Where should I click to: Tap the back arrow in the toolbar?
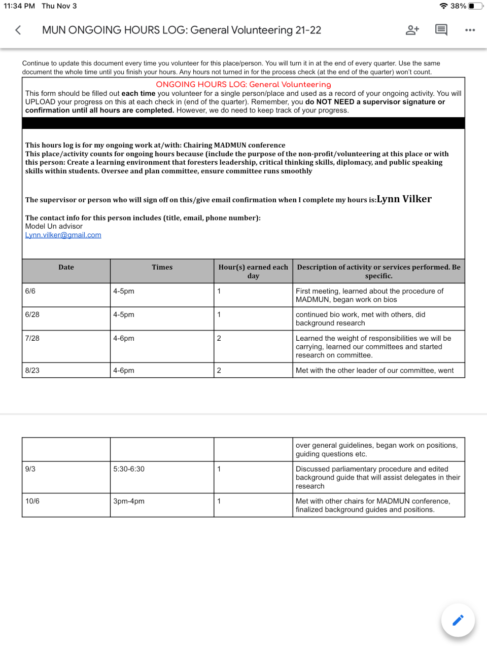[18, 30]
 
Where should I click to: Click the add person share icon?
[412, 30]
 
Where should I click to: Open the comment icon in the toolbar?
[441, 30]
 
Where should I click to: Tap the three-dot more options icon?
[470, 30]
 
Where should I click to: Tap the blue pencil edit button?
[458, 620]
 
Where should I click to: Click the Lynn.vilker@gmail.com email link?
[63, 235]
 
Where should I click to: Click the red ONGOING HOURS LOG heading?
[243, 85]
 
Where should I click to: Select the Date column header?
[66, 267]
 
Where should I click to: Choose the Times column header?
[162, 267]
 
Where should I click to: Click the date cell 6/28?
[32, 315]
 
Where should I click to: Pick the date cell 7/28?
[32, 338]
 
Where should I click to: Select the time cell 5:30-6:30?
[129, 469]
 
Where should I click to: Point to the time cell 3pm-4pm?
[129, 501]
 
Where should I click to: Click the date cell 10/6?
[32, 501]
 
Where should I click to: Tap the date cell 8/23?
[32, 371]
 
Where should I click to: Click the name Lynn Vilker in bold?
[404, 199]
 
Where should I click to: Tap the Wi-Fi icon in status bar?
[443, 6]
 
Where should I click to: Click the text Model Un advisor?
[54, 227]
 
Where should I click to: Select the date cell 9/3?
[30, 469]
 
